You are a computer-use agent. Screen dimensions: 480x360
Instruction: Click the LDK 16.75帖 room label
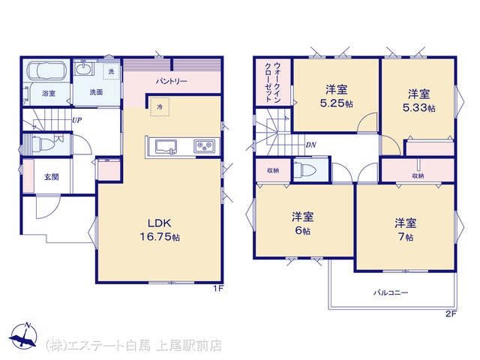tap(160, 230)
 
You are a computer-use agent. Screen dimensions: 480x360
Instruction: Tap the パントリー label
tap(172, 82)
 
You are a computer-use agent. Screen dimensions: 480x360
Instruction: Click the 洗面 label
tap(96, 92)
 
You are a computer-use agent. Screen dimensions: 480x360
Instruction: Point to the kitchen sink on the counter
tap(166, 147)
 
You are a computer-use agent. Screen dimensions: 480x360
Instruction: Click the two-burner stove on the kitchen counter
tap(205, 145)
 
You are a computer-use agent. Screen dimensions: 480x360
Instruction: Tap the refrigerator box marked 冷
tap(160, 106)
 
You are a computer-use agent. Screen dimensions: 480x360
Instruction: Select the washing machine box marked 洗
tap(111, 71)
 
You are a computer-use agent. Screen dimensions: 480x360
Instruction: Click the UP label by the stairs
tap(76, 120)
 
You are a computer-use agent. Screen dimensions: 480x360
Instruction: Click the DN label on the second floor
tap(310, 145)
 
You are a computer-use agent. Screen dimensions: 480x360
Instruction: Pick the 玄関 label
tap(52, 177)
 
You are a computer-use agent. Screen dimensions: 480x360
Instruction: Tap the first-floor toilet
tap(40, 142)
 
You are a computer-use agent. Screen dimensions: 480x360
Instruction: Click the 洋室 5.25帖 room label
tap(336, 97)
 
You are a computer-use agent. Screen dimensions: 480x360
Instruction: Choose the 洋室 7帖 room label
tap(405, 230)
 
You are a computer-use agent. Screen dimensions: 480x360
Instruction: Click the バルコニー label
tap(391, 292)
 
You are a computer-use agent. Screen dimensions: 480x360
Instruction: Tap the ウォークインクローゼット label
tap(273, 82)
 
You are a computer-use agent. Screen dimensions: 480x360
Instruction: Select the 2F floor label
tap(451, 313)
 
